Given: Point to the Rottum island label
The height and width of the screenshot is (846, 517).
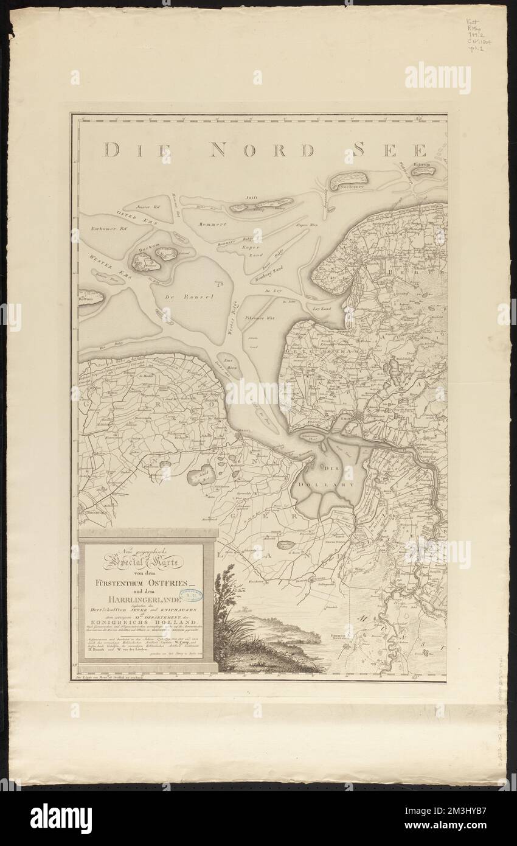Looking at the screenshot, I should [88, 299].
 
